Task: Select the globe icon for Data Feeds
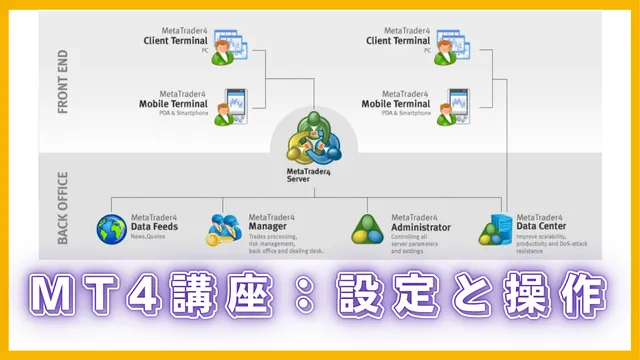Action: [113, 229]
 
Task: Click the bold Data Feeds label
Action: [154, 227]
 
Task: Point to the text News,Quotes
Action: [150, 238]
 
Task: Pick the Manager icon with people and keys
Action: [226, 229]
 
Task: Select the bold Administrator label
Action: [421, 227]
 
